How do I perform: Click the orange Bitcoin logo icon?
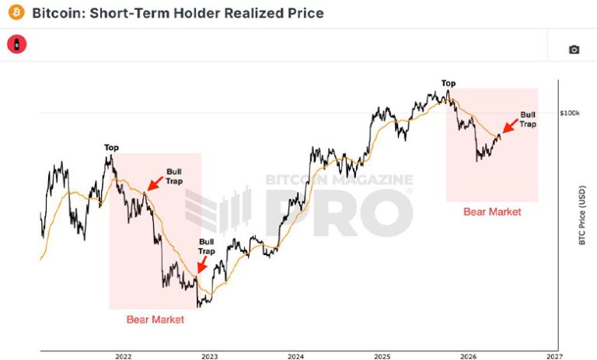pos(16,12)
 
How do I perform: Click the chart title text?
pos(178,13)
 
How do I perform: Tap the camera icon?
pos(574,50)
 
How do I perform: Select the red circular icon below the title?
pos(17,44)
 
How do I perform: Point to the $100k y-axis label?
pos(570,114)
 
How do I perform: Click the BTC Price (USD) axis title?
pos(581,215)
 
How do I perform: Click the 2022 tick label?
pos(124,357)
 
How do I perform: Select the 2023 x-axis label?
pos(209,357)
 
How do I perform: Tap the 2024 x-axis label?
pos(296,357)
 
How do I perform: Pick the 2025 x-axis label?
pos(382,357)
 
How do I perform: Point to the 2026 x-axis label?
pos(468,357)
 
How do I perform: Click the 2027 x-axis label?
pos(554,357)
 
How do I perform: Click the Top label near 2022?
pos(112,148)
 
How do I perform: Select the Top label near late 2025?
pos(449,83)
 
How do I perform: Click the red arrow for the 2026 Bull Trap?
pos(510,126)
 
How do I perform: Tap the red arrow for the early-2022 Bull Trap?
pos(155,183)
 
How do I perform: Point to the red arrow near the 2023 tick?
pos(202,264)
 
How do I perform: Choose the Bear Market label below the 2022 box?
pos(155,320)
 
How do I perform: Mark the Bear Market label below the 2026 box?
pos(492,211)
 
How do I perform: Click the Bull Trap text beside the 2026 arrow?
pos(528,119)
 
